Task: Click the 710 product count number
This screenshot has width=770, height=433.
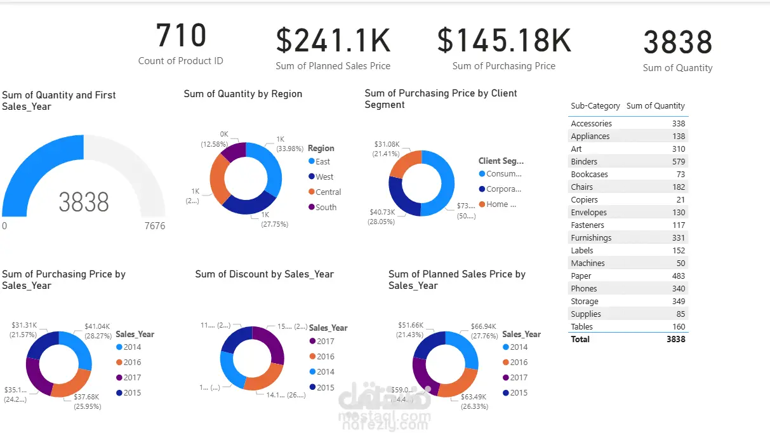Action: point(181,36)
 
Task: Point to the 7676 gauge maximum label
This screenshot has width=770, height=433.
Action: point(154,226)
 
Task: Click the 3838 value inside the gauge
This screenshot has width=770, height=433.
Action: point(84,203)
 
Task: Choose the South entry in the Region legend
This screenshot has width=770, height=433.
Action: point(326,207)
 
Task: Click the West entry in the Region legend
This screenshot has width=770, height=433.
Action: point(324,177)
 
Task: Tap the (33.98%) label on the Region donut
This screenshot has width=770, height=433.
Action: point(285,150)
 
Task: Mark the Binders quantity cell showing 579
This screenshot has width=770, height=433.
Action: point(679,161)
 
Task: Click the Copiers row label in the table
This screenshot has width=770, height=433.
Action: point(584,199)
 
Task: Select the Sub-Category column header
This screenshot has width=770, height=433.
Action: point(595,106)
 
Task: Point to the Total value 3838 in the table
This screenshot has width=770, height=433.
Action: point(675,339)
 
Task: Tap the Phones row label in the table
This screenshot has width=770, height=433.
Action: point(583,288)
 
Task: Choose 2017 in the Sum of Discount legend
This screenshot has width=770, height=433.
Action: point(326,342)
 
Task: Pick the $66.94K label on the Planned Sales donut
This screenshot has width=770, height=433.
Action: point(483,326)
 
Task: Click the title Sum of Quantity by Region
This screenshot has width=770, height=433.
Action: point(242,94)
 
